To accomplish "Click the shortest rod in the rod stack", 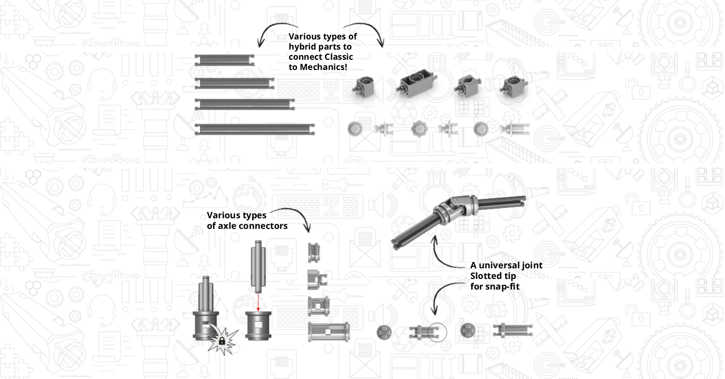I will [x=224, y=60].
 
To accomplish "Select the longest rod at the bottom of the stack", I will [x=255, y=129].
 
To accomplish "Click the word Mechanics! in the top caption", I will [x=323, y=67].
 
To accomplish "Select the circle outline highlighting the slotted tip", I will [x=437, y=332].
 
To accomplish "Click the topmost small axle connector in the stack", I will [x=314, y=252].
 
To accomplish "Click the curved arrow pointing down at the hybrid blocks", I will [x=369, y=31].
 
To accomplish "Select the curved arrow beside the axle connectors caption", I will [x=294, y=216].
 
